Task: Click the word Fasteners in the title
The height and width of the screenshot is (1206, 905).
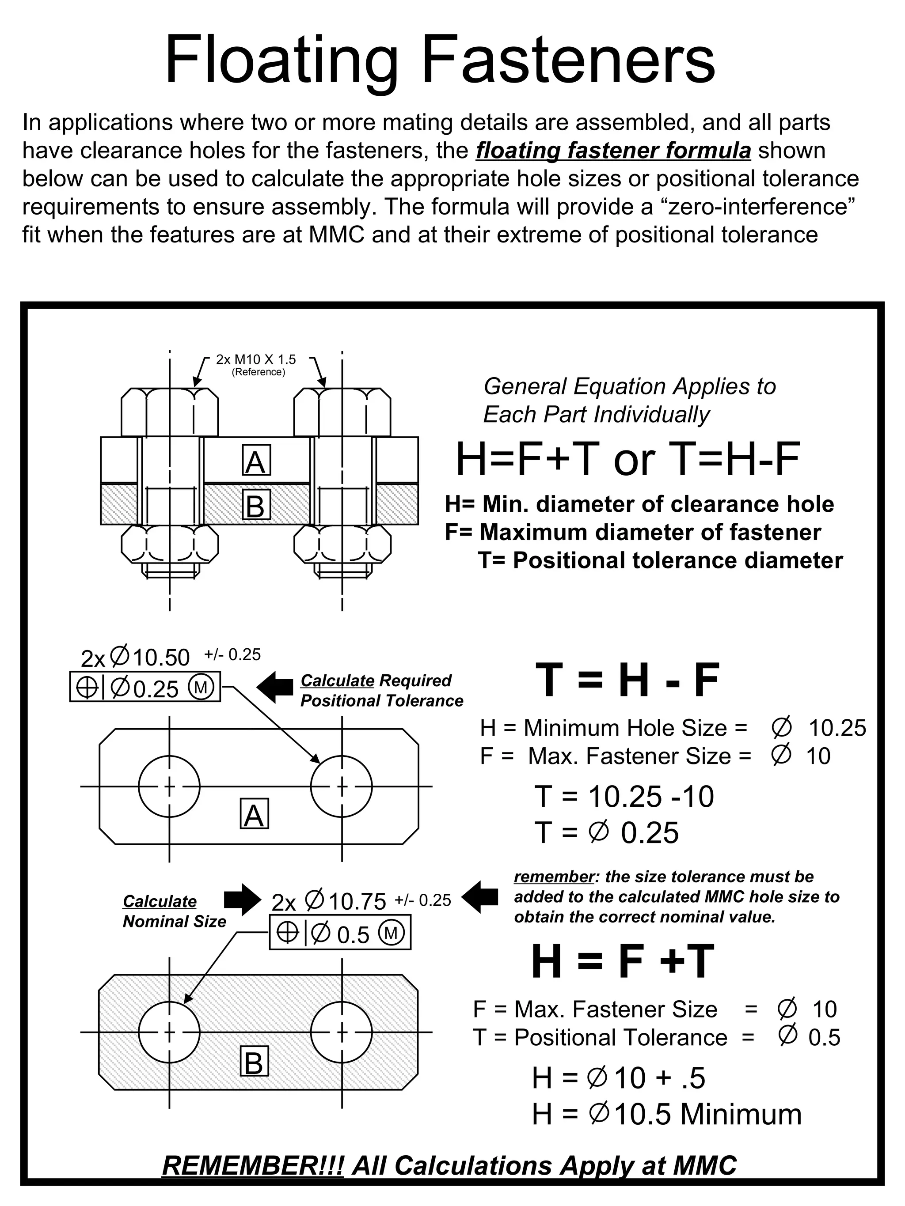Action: click(x=568, y=60)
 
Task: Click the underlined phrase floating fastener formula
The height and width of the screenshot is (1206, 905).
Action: click(x=613, y=151)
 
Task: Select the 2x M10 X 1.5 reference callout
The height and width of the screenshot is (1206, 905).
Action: click(x=256, y=360)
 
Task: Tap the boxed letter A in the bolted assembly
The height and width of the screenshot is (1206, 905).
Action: click(x=256, y=461)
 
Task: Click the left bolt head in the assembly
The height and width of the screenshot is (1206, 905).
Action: click(x=170, y=412)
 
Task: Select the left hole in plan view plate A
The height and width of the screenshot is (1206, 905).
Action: click(x=169, y=786)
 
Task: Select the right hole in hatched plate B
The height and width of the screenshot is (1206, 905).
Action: click(x=342, y=1032)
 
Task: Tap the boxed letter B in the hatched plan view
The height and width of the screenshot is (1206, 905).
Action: click(x=254, y=1061)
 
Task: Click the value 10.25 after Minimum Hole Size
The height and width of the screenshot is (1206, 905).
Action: click(x=837, y=728)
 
